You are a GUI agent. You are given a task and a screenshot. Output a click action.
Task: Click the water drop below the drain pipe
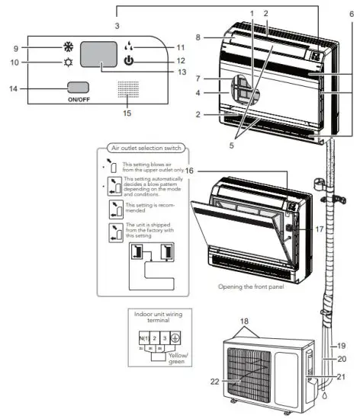[x=325, y=397]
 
